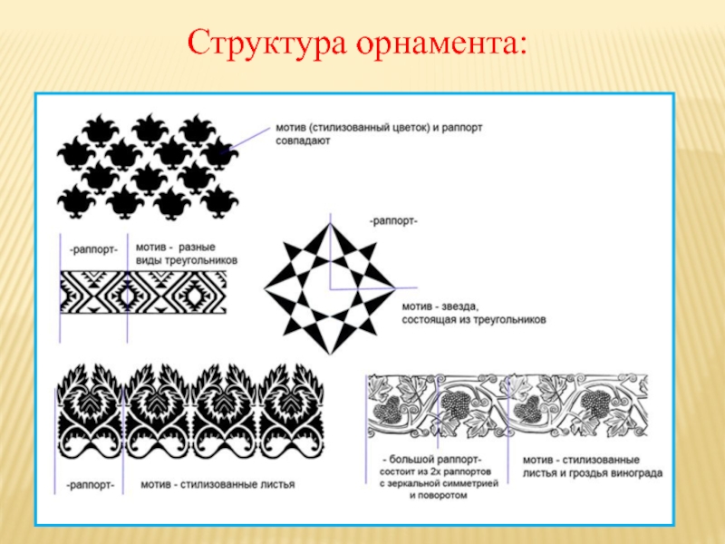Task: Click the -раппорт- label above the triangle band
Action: tap(92, 248)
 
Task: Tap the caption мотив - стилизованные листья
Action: tap(217, 484)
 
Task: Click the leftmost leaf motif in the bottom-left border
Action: tap(92, 413)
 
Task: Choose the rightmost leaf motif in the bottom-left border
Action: tap(291, 413)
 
